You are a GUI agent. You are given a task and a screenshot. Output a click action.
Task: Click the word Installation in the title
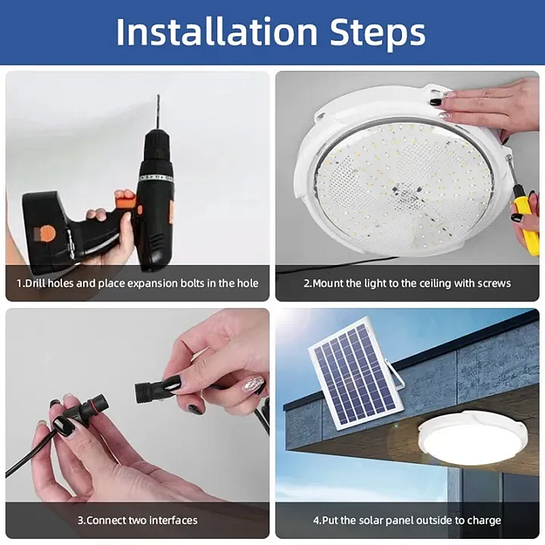[x=217, y=32]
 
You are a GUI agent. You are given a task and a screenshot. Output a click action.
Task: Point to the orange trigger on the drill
[x=124, y=202]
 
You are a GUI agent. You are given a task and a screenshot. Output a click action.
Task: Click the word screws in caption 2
[x=493, y=283]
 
